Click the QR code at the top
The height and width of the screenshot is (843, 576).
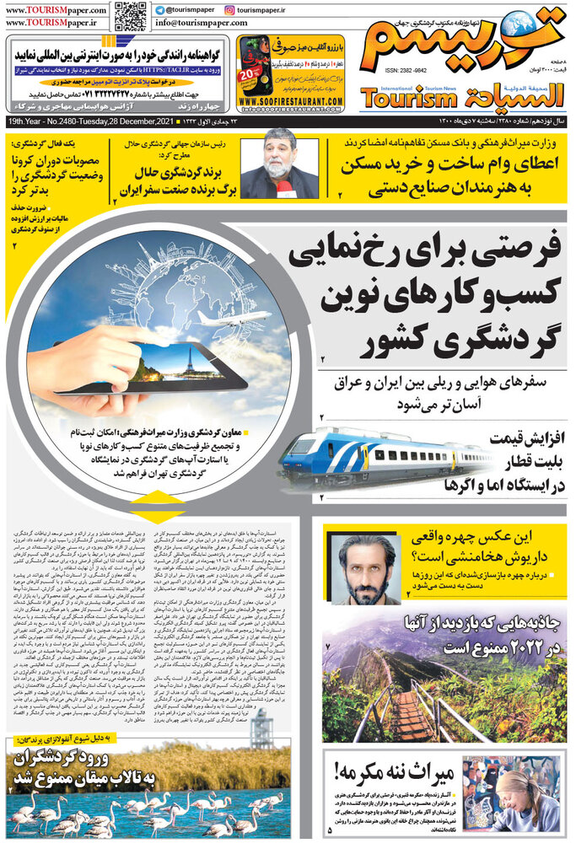point(131,17)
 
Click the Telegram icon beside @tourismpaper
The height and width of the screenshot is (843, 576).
point(161,9)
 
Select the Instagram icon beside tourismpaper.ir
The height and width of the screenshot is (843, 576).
point(230,9)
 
